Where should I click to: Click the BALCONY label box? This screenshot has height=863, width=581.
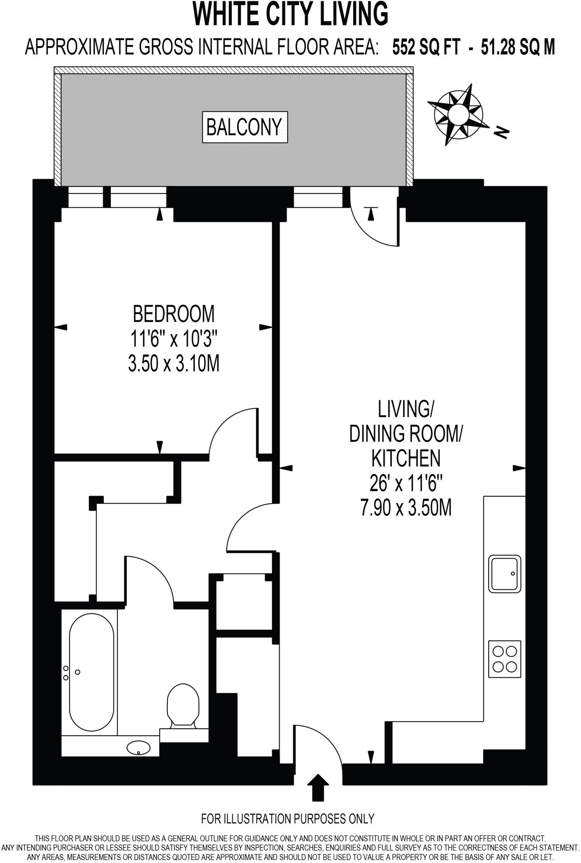pos(245,127)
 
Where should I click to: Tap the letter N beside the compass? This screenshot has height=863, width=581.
pos(501,132)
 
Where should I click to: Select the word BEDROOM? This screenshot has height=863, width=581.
pos(174,314)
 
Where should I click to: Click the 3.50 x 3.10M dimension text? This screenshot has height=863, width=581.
pos(174,363)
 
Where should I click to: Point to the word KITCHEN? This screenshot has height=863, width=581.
pos(406,458)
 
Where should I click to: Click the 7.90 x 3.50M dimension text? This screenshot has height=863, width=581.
pos(406,507)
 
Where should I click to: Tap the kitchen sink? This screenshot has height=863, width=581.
pos(504,574)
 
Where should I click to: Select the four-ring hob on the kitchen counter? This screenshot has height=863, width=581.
pos(504,659)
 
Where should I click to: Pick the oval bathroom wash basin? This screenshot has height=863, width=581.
pos(138,748)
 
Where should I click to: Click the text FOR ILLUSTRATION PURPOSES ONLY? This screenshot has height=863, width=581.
pos(288,819)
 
